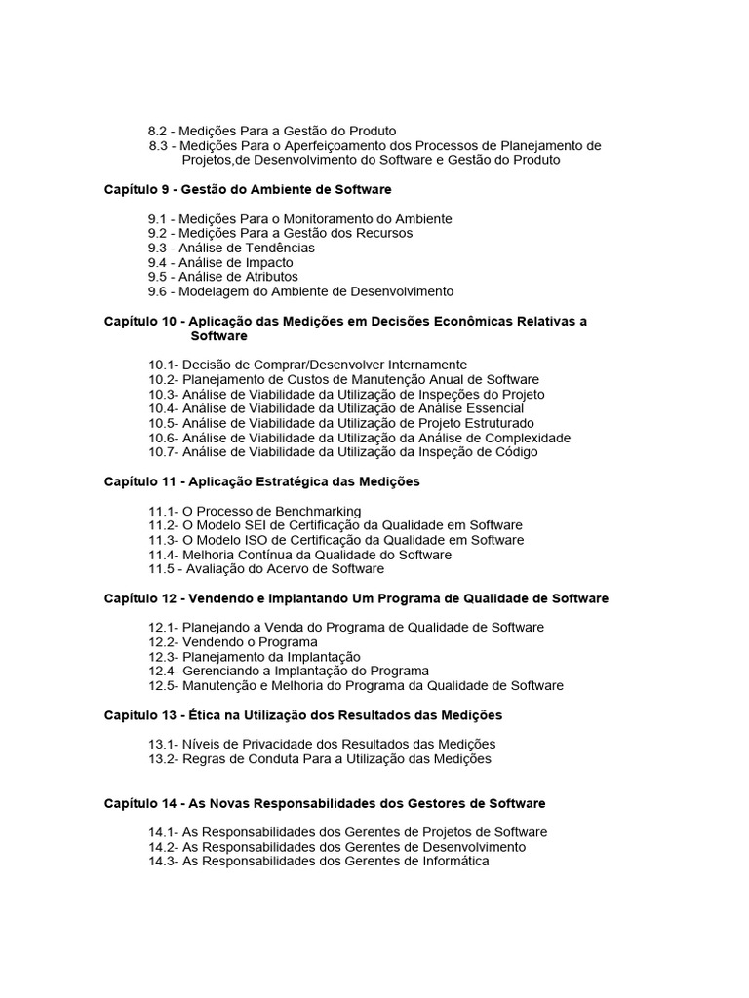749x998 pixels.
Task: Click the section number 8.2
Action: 158,132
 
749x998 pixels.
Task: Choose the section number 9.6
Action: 159,291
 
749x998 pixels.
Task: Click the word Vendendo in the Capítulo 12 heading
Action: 221,598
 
